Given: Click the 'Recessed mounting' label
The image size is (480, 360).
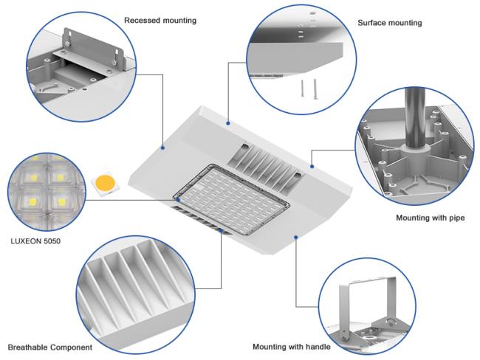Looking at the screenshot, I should click(x=160, y=21).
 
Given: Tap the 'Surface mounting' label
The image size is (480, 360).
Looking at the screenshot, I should click(x=389, y=23).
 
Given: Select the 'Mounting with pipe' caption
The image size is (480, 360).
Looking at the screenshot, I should click(x=430, y=218).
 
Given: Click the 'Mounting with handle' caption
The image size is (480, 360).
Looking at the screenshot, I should click(x=291, y=347).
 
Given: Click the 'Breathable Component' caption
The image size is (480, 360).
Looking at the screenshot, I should click(x=50, y=347).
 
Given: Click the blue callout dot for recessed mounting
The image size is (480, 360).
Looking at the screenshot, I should click(x=162, y=146).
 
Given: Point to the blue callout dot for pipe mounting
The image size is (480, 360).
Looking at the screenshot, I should click(x=312, y=167).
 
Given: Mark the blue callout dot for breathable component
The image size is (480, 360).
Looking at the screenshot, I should click(x=222, y=231).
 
